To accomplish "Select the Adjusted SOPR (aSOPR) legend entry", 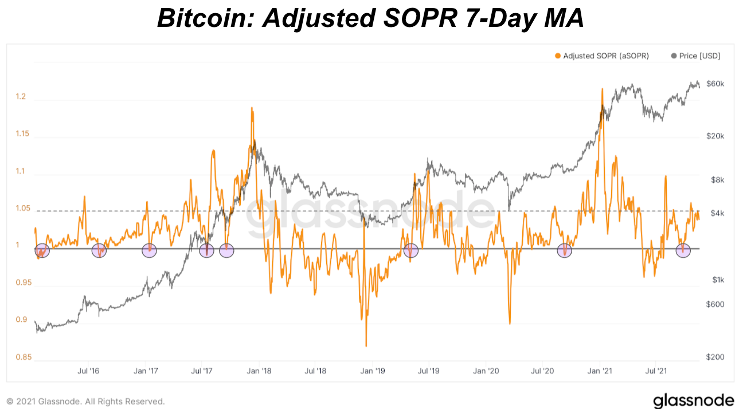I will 601,56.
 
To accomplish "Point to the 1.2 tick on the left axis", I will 21,97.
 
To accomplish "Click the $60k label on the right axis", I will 715,84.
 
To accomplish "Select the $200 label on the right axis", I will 714,357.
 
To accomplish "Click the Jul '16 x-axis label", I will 88,371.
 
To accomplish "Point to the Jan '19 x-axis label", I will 372,371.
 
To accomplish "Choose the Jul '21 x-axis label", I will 656,371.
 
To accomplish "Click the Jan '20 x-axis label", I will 486,371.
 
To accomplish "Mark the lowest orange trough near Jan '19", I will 366,346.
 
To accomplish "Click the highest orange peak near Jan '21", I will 602,89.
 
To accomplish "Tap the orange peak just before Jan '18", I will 252,108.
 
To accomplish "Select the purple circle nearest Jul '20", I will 565,250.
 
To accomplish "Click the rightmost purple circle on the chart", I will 683,250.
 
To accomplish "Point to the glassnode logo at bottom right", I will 693,400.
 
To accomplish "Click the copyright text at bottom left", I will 85,401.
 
